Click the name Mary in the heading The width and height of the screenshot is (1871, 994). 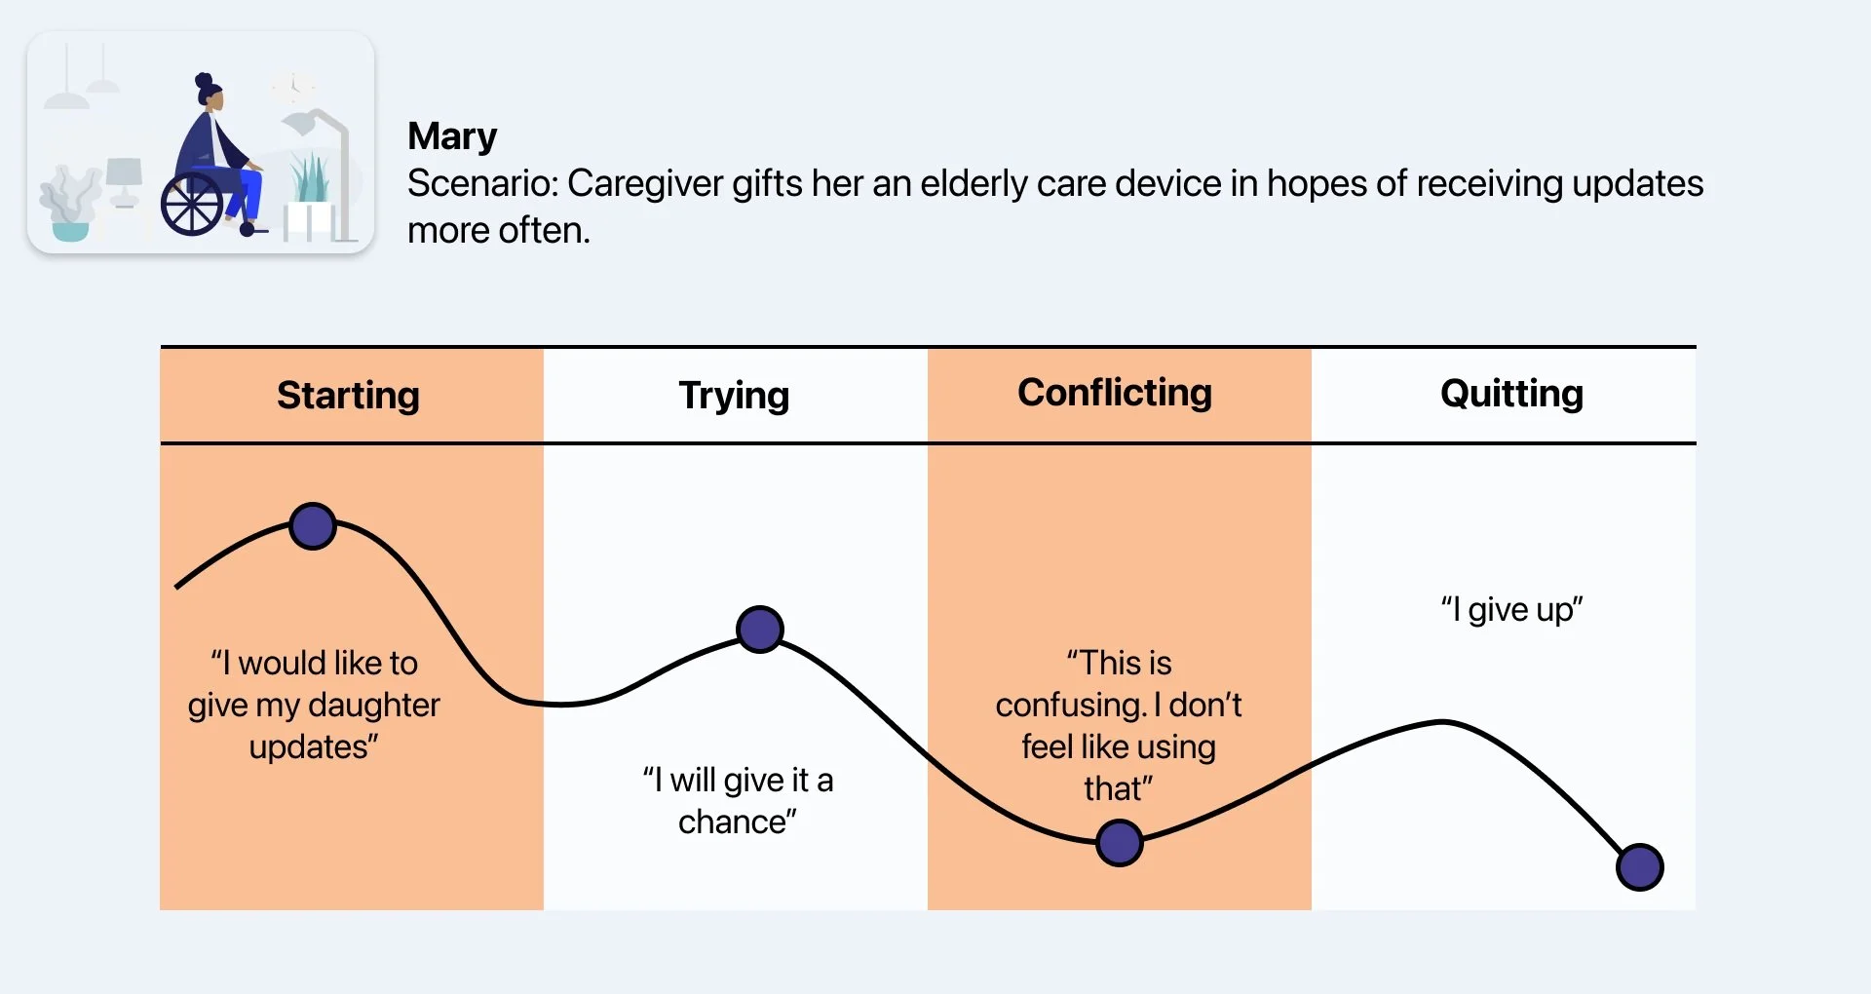click(x=452, y=136)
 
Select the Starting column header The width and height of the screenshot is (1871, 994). click(x=348, y=396)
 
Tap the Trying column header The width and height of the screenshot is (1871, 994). click(x=734, y=396)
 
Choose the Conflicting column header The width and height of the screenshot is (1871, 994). click(x=1115, y=393)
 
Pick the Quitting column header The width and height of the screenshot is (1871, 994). click(x=1511, y=394)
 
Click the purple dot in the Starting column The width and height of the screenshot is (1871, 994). click(x=313, y=526)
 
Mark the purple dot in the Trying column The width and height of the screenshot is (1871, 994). click(x=760, y=629)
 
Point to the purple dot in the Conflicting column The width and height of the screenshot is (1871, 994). click(x=1119, y=843)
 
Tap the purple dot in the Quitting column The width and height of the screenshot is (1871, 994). click(x=1639, y=867)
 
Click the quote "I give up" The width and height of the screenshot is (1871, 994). click(x=1511, y=610)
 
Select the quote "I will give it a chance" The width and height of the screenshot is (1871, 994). click(x=737, y=800)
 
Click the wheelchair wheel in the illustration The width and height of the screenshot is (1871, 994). click(x=192, y=206)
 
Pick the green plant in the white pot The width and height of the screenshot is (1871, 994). click(x=311, y=180)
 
